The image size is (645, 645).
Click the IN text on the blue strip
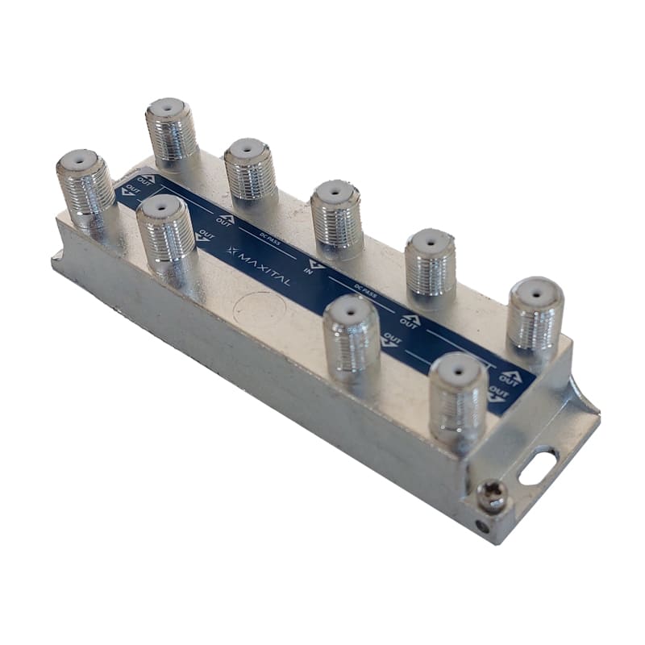click(309, 273)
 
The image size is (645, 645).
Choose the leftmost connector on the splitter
click(85, 186)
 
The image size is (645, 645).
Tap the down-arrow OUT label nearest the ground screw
click(497, 393)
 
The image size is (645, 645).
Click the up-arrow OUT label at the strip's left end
click(146, 178)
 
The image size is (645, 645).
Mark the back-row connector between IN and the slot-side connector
click(430, 263)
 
